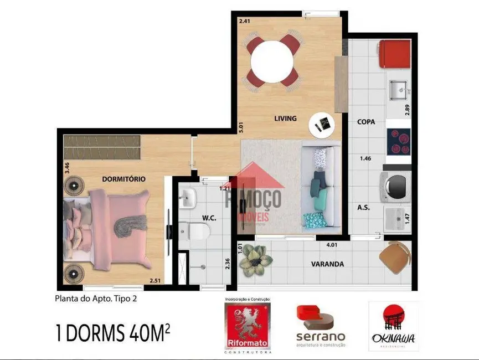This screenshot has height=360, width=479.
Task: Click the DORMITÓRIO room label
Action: tap(123, 179)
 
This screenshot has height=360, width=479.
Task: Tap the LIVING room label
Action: tap(285, 118)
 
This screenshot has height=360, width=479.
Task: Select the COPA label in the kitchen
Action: tap(367, 122)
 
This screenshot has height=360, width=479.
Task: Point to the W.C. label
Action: tap(208, 218)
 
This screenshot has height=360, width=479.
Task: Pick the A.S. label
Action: tap(364, 208)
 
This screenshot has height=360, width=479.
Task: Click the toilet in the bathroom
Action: tap(194, 229)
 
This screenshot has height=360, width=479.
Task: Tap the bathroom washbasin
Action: tap(188, 196)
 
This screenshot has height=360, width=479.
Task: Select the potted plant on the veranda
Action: tap(256, 259)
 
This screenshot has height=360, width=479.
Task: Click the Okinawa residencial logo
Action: tap(393, 327)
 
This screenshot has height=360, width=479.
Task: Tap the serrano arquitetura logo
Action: tap(321, 326)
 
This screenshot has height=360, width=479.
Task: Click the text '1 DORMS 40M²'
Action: tap(112, 335)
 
